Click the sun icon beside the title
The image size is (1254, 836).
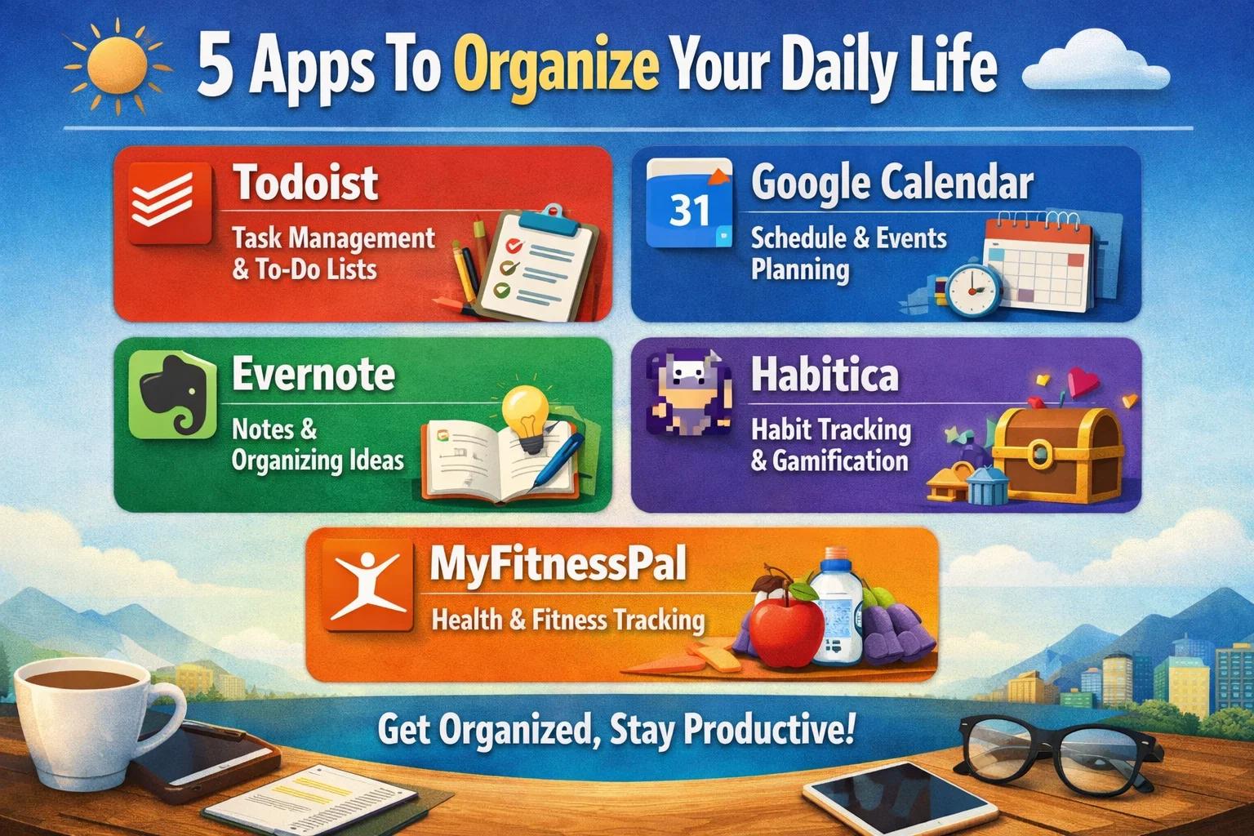[x=118, y=66]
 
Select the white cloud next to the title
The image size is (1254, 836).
[x=1096, y=60]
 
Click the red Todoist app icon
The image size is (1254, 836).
[x=170, y=202]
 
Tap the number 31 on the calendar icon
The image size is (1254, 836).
[x=690, y=211]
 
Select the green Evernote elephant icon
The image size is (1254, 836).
[x=172, y=395]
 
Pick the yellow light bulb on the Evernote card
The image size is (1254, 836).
[x=527, y=416]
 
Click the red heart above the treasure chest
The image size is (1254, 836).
[x=1083, y=382]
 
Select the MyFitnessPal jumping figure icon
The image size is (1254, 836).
[x=368, y=585]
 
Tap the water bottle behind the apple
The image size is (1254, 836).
[x=836, y=607]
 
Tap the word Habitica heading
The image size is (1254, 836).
[x=825, y=374]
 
